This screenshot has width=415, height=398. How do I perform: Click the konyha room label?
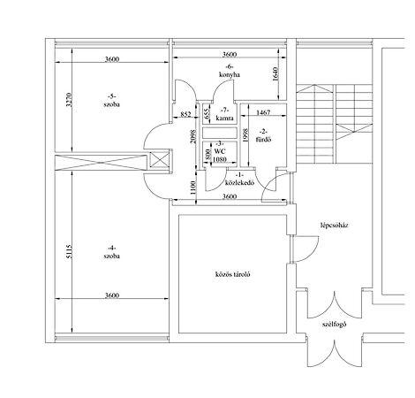point(230,74)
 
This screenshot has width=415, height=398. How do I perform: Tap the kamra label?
point(225,119)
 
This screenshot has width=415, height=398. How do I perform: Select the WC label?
point(220,151)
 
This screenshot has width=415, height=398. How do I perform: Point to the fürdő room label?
point(263,140)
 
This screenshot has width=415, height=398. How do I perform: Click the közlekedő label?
point(239,182)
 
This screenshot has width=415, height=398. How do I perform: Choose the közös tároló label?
point(232,274)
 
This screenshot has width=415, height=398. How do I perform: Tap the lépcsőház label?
point(335,226)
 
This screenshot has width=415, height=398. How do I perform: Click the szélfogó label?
point(334,325)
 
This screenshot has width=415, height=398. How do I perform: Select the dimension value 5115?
point(69,251)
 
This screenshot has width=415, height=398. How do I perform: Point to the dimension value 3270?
point(69,100)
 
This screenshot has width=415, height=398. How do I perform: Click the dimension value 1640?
point(275,74)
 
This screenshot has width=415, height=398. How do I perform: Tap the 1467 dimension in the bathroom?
point(263,112)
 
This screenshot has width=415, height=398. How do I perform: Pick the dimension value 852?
point(185,114)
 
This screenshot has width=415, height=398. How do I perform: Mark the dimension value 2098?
point(192,136)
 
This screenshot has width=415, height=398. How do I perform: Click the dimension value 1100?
point(192,187)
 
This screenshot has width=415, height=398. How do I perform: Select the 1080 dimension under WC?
point(220,159)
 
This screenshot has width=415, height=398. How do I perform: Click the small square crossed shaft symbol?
point(160,161)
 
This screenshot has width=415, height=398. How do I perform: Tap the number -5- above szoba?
point(111,96)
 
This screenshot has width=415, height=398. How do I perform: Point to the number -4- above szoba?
point(111,248)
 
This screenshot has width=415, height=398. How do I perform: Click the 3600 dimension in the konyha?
point(230,54)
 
